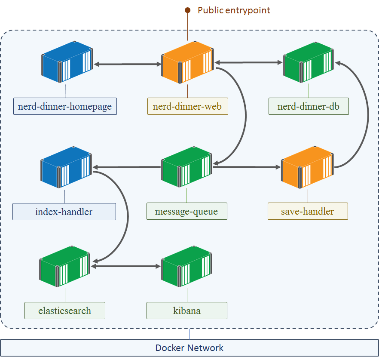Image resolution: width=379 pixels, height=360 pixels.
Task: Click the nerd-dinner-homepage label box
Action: pos(65,106)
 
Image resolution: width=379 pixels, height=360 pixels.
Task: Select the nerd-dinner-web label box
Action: pos(187,106)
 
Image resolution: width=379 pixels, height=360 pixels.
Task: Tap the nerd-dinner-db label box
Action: pos(309,106)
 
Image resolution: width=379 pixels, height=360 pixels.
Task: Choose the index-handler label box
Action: pos(64,212)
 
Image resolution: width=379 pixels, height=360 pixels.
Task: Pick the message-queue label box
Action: pos(187,211)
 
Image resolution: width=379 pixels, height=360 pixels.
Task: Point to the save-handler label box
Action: pos(308,211)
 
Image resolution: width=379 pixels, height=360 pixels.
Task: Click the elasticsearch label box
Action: pos(65,311)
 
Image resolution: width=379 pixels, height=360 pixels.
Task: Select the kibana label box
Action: pos(187,311)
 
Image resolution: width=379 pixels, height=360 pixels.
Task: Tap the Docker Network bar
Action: pos(189,348)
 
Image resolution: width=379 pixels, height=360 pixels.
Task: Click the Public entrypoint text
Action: pos(234,10)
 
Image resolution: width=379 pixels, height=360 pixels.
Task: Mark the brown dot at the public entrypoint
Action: pos(187,10)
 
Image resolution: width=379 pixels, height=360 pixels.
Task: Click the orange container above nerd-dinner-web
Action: pos(187,62)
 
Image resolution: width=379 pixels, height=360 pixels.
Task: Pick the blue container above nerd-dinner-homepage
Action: pos(67,62)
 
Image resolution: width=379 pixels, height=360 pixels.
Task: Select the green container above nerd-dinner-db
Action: pos(309,62)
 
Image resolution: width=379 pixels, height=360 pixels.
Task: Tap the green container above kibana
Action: pos(186,266)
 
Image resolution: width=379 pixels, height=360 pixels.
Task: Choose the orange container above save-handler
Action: pos(308,167)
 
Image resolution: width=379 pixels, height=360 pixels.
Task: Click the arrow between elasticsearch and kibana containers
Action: pos(125,266)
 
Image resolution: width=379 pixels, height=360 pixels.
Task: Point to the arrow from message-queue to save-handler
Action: pos(247,167)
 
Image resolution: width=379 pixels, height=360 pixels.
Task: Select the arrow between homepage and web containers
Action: pos(128,64)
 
